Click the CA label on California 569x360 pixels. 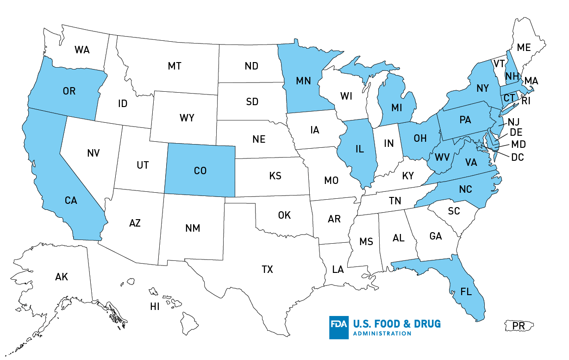point(71,201)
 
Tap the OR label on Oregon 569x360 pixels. point(69,91)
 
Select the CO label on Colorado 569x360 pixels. point(200,171)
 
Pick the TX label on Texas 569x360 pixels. point(267,269)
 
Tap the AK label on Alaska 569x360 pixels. point(62,277)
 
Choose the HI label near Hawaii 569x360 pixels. point(155,306)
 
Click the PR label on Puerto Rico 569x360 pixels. point(519,326)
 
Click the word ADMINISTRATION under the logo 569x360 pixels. point(382,334)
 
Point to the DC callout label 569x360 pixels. point(518,158)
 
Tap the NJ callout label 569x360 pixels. point(514,122)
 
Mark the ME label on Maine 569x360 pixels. point(524,47)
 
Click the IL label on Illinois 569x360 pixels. point(359,149)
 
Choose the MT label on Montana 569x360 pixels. point(175,66)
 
